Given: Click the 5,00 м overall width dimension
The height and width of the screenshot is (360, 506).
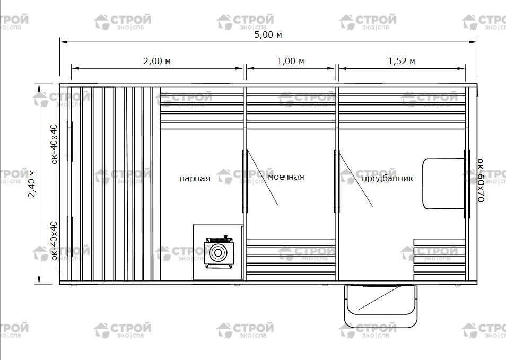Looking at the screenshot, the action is (x=268, y=34).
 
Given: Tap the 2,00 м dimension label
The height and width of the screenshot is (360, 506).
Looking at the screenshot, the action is (x=157, y=61).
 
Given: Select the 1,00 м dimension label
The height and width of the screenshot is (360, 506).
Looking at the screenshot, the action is (x=291, y=61).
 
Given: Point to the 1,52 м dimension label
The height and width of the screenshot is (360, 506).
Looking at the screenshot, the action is (x=402, y=61).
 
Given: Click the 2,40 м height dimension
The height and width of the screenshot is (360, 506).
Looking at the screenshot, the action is (x=32, y=183).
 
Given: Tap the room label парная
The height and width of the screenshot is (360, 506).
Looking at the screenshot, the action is (x=195, y=178).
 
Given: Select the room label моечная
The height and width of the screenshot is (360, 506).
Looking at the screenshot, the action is (x=286, y=177).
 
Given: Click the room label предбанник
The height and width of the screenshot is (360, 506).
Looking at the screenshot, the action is (x=387, y=178).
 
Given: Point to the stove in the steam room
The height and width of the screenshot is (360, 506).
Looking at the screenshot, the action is (x=219, y=252).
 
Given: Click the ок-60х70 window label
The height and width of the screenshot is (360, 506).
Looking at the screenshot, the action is (x=481, y=180).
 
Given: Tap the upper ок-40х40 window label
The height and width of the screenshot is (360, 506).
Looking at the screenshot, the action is (x=54, y=144).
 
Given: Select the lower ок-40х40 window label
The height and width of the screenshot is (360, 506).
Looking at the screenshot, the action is (x=54, y=241).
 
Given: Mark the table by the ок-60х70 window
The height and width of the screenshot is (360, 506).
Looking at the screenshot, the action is (x=444, y=183).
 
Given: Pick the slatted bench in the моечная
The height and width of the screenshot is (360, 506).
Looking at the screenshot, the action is (x=291, y=260).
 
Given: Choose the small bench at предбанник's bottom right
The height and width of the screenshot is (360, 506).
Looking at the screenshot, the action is (x=439, y=260).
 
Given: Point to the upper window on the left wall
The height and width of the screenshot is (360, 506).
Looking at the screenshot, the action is (x=69, y=141).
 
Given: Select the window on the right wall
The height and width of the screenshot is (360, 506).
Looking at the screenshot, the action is (x=467, y=183).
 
